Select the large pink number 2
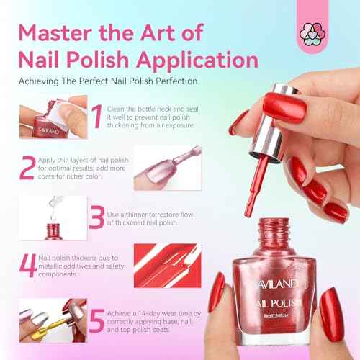click(27, 167)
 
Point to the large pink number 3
click(96, 217)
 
